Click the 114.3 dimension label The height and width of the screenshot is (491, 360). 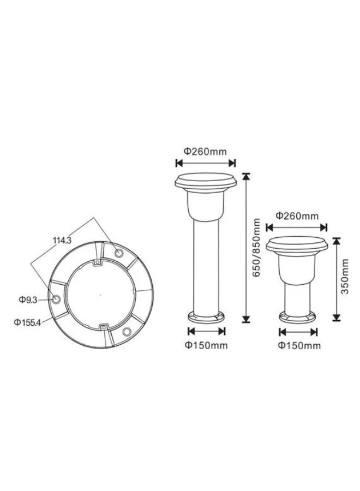point(62,241)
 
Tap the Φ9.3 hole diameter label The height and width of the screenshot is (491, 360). point(28,300)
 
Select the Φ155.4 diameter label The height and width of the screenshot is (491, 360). point(27,322)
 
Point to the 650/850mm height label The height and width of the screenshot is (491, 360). point(256,247)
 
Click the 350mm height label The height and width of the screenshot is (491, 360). point(345,276)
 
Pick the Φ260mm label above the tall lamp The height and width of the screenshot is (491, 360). point(205,152)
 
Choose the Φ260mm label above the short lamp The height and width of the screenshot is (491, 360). point(297,215)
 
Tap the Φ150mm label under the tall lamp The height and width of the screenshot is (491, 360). point(206,345)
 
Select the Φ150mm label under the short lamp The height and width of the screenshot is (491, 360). point(299,346)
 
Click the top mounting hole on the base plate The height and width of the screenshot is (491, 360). point(119,253)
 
